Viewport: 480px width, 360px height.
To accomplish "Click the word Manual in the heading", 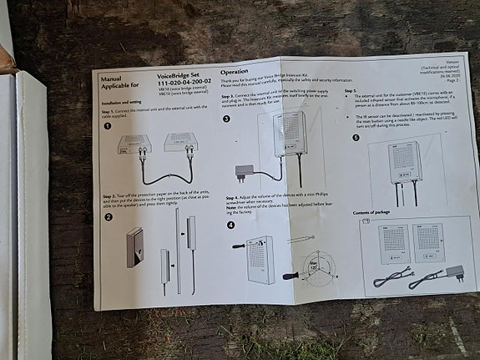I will (x=111, y=78).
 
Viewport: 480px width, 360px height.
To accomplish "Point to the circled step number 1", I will (x=107, y=126).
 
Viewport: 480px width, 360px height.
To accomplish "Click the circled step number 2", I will (x=107, y=218).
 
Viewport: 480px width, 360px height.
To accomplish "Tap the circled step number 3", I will (x=228, y=119).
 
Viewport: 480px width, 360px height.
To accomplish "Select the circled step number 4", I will (x=230, y=226).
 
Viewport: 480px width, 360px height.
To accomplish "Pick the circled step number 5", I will (x=355, y=138).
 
